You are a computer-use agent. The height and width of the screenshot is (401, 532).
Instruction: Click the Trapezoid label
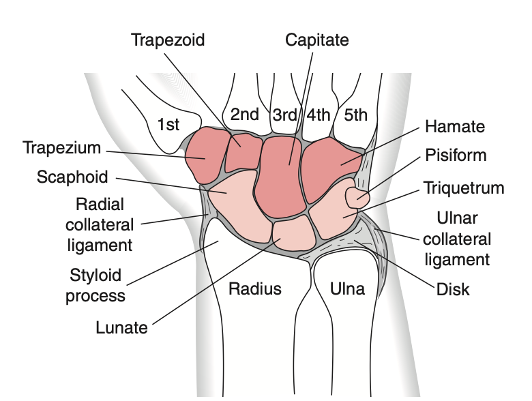click(168, 40)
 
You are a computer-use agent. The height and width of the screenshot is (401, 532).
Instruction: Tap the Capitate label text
click(317, 40)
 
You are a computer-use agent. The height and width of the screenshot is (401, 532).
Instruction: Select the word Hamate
click(455, 127)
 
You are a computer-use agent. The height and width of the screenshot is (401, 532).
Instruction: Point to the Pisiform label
click(456, 155)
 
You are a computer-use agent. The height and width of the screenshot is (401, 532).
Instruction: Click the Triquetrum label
click(464, 188)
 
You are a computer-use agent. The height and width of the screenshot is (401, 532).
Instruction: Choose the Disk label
click(453, 289)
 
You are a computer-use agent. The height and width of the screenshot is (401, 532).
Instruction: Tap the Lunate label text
click(122, 328)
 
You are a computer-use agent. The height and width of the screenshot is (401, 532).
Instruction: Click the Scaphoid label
click(72, 177)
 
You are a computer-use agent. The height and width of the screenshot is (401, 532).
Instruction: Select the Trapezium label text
click(62, 148)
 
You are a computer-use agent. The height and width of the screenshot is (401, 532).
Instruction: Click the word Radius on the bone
click(255, 288)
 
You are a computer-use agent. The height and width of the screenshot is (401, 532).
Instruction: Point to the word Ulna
click(347, 289)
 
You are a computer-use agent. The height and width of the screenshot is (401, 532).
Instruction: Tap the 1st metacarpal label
click(168, 125)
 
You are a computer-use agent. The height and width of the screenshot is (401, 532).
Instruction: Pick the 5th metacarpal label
click(355, 115)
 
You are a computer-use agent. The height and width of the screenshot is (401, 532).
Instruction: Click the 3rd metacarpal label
click(285, 115)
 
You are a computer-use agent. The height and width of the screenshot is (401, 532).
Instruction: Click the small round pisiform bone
click(357, 198)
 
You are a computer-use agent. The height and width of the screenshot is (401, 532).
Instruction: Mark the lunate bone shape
click(294, 233)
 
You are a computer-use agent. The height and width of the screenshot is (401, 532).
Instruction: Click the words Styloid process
click(95, 285)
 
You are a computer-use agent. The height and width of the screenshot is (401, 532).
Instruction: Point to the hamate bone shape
click(330, 168)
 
